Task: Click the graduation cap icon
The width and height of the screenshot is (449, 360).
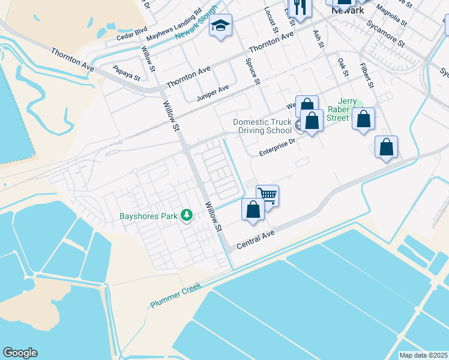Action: click(221, 26)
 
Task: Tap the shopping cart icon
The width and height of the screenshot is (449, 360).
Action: click(267, 194)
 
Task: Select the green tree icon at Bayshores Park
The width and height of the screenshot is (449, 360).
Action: click(187, 215)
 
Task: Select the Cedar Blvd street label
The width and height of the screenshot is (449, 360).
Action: click(131, 37)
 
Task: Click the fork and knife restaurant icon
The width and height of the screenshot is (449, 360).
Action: click(298, 7)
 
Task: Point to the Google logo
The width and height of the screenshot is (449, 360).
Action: click(20, 353)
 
